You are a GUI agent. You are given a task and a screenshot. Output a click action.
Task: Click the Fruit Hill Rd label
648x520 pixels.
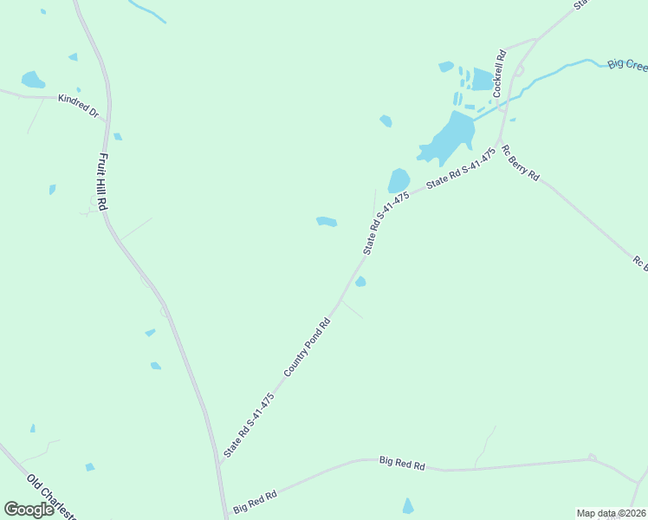tap(101, 182)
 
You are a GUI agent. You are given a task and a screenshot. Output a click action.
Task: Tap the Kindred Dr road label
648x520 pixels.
tap(79, 106)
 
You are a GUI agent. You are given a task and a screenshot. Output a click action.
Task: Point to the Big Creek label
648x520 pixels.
tap(627, 64)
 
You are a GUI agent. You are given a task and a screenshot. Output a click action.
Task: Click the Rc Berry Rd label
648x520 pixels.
tap(520, 162)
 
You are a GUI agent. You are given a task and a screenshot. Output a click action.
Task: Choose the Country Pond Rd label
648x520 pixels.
tap(308, 348)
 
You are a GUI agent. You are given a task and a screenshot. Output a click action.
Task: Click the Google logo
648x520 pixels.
tap(29, 510)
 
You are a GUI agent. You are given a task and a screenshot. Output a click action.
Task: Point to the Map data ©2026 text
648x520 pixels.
tap(611, 512)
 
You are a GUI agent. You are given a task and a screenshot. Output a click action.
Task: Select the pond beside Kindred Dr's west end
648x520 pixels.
tap(33, 80)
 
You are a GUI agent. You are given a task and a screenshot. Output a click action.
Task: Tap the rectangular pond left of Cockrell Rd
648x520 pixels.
tap(482, 79)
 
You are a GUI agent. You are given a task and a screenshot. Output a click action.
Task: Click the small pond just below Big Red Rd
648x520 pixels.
tap(408, 506)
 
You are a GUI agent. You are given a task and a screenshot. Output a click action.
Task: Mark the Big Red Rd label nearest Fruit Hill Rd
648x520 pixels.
tap(255, 501)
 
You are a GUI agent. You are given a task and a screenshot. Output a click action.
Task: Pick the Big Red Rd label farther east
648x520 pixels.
tap(402, 464)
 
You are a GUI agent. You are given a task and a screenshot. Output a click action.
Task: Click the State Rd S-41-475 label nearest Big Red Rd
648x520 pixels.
tap(249, 425)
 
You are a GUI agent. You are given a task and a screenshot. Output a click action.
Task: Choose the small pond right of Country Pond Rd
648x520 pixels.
tap(360, 282)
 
